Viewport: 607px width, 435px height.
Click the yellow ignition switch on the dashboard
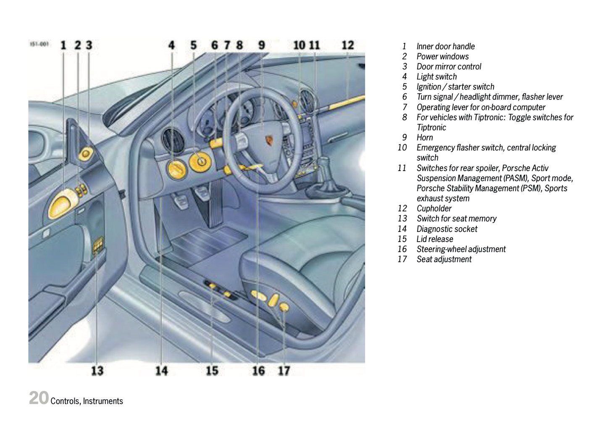point(199,161)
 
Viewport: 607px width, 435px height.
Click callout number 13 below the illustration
point(97,371)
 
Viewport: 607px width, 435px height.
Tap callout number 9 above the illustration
point(261,45)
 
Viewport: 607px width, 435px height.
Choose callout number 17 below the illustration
point(284,371)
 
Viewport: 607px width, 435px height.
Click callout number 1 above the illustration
point(63,45)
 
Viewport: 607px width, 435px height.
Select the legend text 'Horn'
point(425,137)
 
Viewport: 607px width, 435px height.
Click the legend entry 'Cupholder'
point(434,208)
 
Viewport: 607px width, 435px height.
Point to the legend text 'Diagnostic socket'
point(447,229)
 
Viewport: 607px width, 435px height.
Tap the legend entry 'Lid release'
point(435,239)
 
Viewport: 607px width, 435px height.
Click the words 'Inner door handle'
point(446,46)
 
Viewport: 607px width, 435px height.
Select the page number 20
point(39,398)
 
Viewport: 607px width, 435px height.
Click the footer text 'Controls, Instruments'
point(87,401)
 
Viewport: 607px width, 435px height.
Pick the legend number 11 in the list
point(402,168)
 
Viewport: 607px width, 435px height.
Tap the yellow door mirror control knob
point(86,154)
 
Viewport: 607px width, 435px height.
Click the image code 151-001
point(39,44)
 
